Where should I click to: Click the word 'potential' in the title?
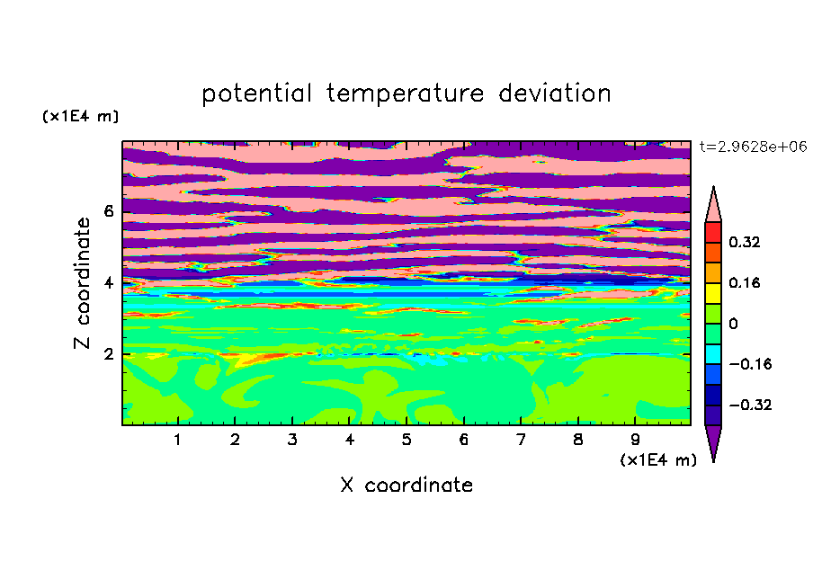pos(256,94)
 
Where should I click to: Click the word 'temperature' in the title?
pos(406,94)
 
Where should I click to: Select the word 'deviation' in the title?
pos(555,93)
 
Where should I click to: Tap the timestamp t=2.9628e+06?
pos(753,147)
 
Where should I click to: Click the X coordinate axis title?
pos(406,485)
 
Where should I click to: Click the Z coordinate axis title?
pos(82,283)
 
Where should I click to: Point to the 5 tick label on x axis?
pos(406,440)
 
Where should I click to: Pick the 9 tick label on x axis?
pos(635,440)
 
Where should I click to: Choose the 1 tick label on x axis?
pos(178,440)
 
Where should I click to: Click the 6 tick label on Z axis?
pos(108,211)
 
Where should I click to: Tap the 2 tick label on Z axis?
pos(108,354)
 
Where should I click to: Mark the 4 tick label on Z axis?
pos(108,283)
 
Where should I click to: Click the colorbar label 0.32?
pos(744,242)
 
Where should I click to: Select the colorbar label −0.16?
pos(750,364)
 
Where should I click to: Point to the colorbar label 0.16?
pos(744,282)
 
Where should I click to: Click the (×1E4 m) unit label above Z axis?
pos(80,116)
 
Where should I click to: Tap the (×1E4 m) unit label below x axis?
pos(658,459)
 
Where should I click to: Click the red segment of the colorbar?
pos(713,232)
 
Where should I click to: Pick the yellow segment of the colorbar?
pos(713,293)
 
